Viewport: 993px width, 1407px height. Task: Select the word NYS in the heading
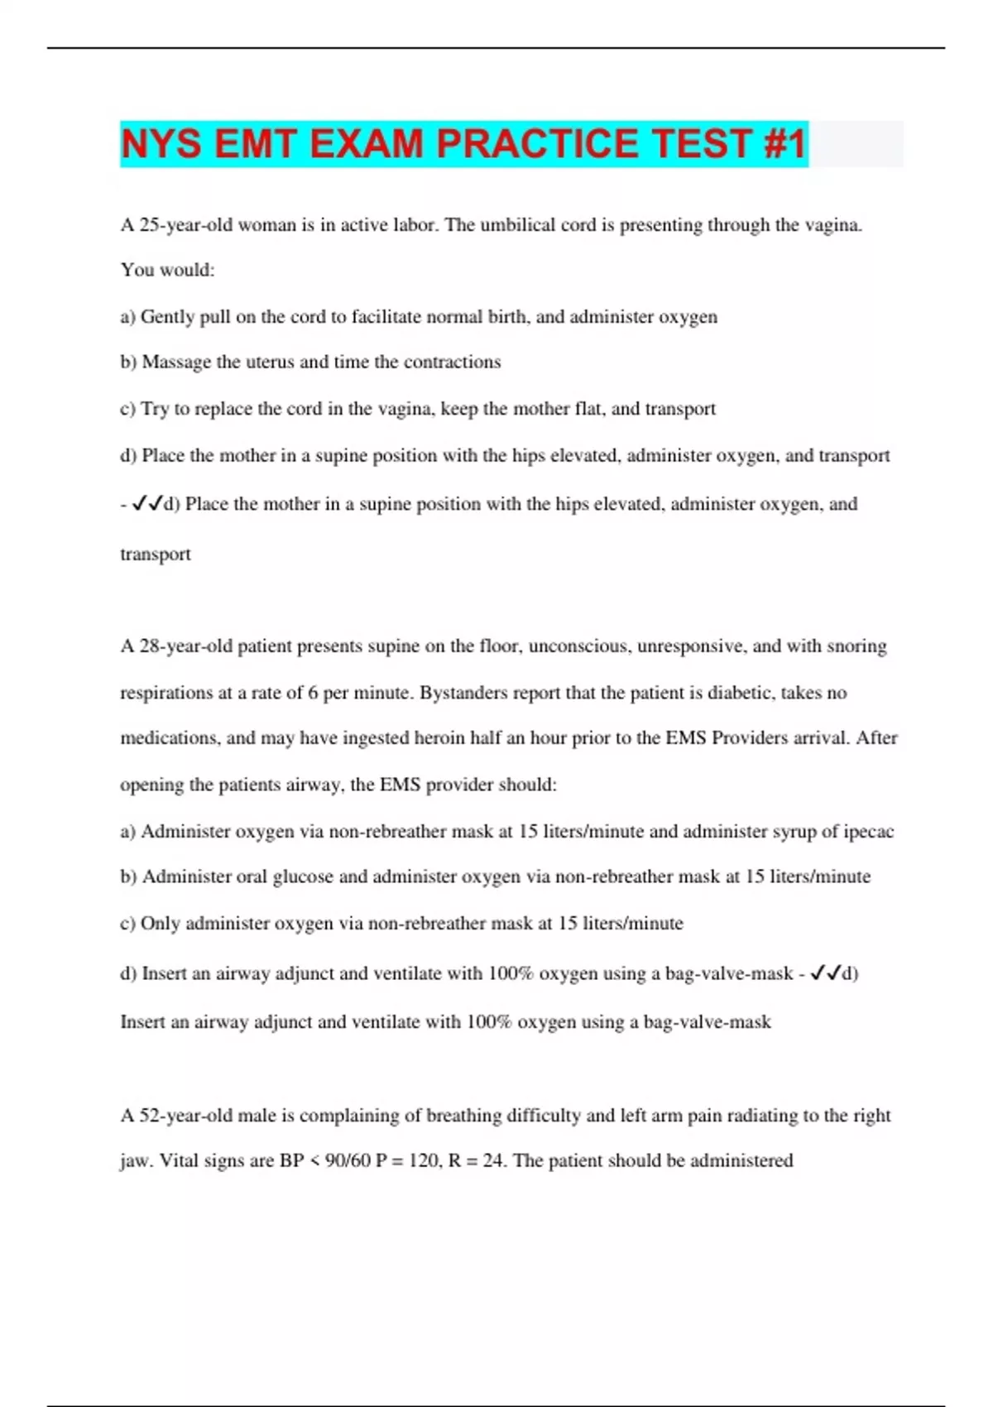coord(161,144)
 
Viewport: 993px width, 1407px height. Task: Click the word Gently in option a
coord(168,317)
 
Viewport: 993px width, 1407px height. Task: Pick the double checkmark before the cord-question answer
coord(146,503)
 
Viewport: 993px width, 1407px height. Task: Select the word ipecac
coord(869,832)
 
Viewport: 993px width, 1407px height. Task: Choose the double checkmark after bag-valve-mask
coord(826,973)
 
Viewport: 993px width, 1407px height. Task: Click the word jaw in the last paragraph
coord(133,1161)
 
